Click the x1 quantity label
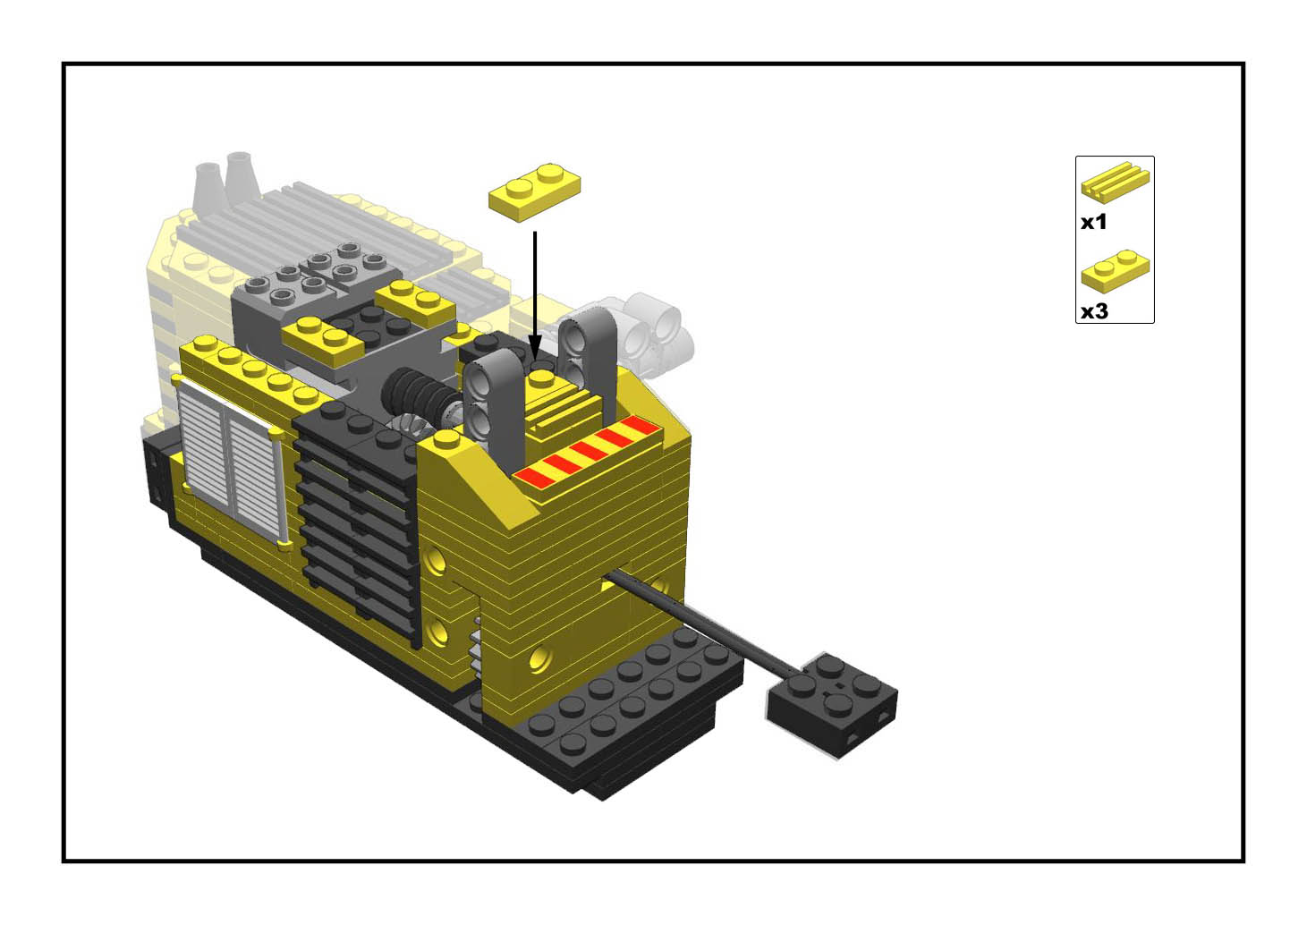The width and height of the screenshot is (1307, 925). pyautogui.click(x=1093, y=223)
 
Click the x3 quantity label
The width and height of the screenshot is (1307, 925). pyautogui.click(x=1094, y=311)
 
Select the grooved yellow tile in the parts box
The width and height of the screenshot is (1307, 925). pyautogui.click(x=1115, y=182)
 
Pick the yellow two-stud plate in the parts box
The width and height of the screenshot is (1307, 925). pyautogui.click(x=1115, y=271)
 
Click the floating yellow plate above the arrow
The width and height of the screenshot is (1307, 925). pyautogui.click(x=534, y=191)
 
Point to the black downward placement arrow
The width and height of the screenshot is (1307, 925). pyautogui.click(x=535, y=294)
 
